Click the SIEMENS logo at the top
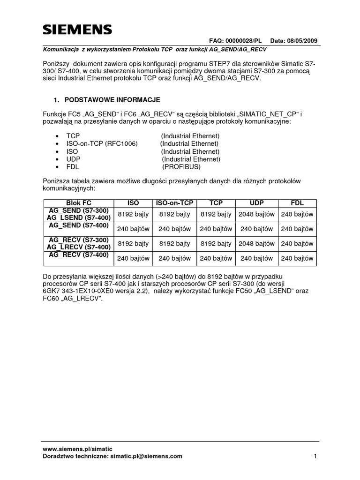[x=77, y=30]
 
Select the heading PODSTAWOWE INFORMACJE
[x=112, y=100]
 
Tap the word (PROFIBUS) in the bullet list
[x=181, y=167]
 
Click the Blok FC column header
[x=79, y=203]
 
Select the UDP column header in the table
[x=257, y=203]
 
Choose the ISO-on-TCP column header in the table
[x=175, y=203]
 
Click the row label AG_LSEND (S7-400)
[x=79, y=218]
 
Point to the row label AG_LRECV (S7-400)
[x=79, y=247]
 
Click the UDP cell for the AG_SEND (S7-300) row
[x=257, y=214]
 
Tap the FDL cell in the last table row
[x=297, y=258]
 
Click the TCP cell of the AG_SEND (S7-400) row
[x=216, y=229]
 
